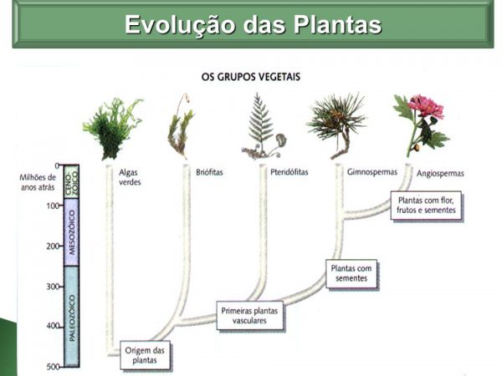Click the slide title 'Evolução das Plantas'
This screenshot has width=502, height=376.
pyautogui.click(x=253, y=24)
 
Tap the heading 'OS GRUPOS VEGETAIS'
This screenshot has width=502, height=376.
pyautogui.click(x=251, y=77)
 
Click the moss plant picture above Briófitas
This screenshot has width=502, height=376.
pyautogui.click(x=181, y=126)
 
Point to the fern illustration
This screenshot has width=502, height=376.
pyautogui.click(x=264, y=126)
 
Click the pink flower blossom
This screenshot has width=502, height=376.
pyautogui.click(x=427, y=106)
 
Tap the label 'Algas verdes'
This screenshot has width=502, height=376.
pyautogui.click(x=130, y=177)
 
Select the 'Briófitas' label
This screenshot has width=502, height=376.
pyautogui.click(x=209, y=172)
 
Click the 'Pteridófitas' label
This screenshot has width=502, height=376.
pyautogui.click(x=289, y=172)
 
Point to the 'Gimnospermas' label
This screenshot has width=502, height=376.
pyautogui.click(x=372, y=172)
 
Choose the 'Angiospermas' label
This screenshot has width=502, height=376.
pyautogui.click(x=440, y=174)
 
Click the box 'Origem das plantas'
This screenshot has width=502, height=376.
pyautogui.click(x=145, y=355)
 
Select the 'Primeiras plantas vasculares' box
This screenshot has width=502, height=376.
pyautogui.click(x=249, y=315)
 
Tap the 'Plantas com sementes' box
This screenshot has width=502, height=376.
pyautogui.click(x=351, y=273)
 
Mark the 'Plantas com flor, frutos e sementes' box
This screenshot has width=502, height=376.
pyautogui.click(x=426, y=206)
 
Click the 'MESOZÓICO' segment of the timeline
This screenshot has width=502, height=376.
pyautogui.click(x=71, y=232)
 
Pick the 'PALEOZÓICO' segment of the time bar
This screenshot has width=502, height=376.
pyautogui.click(x=71, y=317)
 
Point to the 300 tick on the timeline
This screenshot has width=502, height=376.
pyautogui.click(x=61, y=287)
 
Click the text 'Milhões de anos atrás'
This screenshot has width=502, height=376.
pyautogui.click(x=38, y=182)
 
